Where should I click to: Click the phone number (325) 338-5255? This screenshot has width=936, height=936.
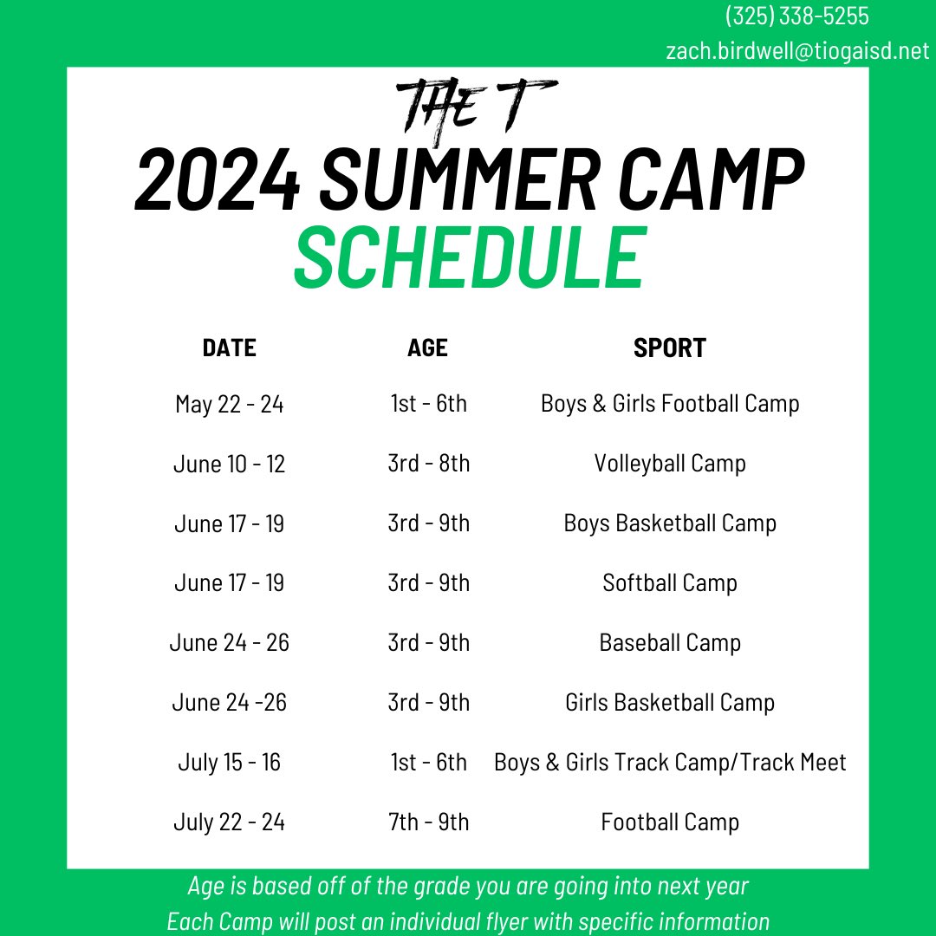(x=796, y=16)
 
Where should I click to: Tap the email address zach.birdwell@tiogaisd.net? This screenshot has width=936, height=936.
(x=796, y=51)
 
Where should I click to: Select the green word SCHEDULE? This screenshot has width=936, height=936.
(x=470, y=257)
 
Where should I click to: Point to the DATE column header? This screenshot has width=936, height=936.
(x=229, y=348)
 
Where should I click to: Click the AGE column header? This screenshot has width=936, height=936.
(x=427, y=348)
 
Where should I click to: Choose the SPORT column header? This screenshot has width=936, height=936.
(x=669, y=348)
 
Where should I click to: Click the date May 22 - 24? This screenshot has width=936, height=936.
(x=229, y=404)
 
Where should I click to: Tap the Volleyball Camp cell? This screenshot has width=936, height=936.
(x=669, y=464)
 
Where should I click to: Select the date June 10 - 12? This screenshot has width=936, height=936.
(x=229, y=464)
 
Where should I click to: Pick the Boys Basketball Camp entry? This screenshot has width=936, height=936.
(x=669, y=523)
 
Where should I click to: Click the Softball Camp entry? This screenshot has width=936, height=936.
(x=669, y=583)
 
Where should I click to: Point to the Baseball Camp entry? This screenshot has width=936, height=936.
(x=669, y=643)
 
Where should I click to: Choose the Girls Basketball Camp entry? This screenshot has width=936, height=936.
(x=669, y=703)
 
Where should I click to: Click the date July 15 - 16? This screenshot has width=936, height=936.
(x=229, y=763)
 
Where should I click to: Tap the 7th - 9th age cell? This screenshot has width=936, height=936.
(x=428, y=822)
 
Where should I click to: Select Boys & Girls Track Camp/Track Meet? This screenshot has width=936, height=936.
(x=669, y=763)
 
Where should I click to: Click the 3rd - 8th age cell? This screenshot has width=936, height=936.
(x=428, y=464)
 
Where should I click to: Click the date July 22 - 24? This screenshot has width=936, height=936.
(x=229, y=822)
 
